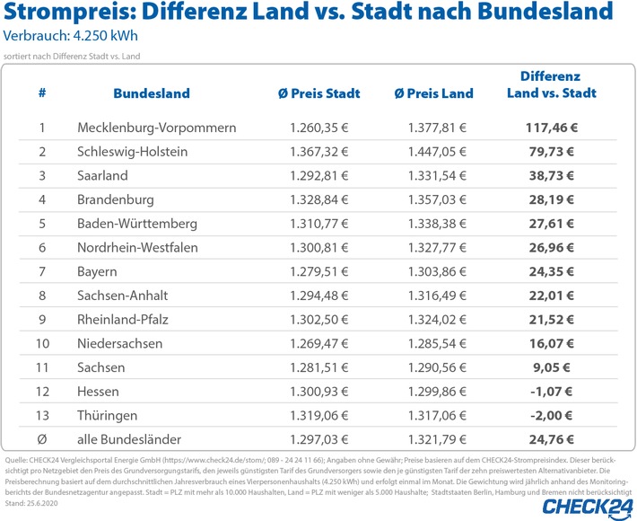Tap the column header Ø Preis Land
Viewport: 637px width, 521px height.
(x=432, y=93)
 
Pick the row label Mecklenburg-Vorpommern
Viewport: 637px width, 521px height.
(x=157, y=128)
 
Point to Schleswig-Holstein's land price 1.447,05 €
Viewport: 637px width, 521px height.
(x=436, y=152)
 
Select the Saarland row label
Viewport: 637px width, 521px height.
(x=102, y=175)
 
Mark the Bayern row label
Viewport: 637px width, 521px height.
(x=97, y=270)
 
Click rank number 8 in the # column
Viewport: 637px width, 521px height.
(x=42, y=295)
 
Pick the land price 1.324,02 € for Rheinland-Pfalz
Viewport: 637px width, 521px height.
(x=436, y=318)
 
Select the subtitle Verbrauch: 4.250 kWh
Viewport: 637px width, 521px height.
(x=72, y=38)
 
